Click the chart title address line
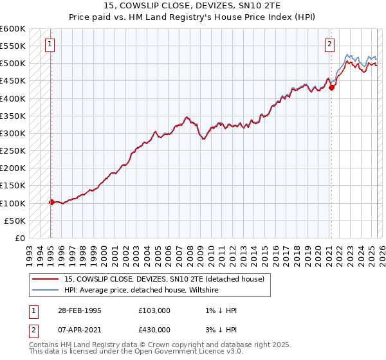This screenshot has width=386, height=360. pos(192,6)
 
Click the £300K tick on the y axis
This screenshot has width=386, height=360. pos(12,133)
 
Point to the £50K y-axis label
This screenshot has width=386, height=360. pos(15,221)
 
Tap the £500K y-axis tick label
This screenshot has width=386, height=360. pos(12,64)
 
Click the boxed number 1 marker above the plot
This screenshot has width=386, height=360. pos(50,44)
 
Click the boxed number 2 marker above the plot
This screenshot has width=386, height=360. pos(329,44)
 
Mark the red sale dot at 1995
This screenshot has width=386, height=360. pos(51,202)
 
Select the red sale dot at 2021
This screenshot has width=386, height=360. pos(331,88)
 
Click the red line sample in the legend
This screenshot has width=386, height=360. pos(46,279)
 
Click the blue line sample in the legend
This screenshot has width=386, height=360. pos(46,291)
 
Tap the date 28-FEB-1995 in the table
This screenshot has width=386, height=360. pos(78,310)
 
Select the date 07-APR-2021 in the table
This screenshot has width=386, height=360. pos(78,330)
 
